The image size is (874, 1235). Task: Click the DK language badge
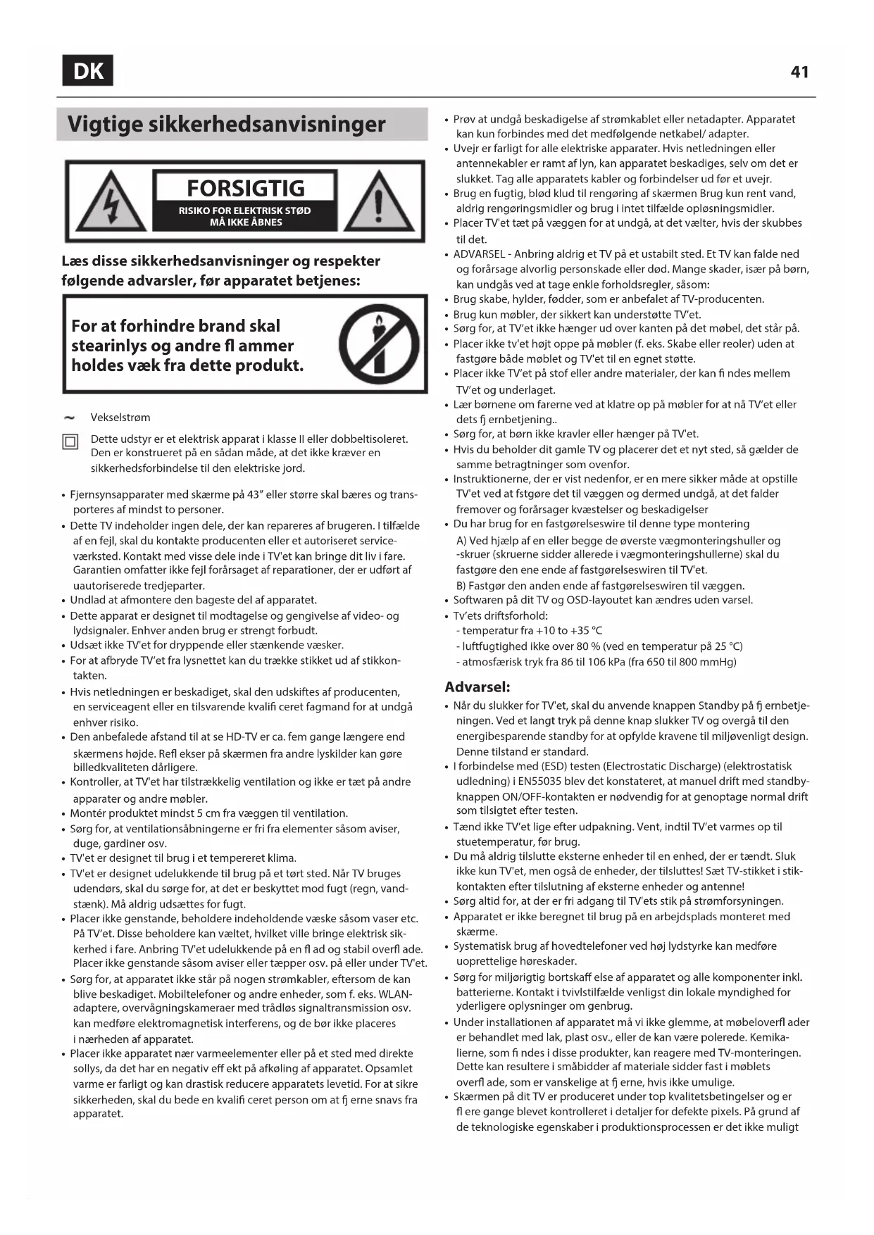(x=87, y=70)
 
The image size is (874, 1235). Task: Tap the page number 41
(x=799, y=72)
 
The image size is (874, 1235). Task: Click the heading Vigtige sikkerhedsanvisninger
(x=226, y=125)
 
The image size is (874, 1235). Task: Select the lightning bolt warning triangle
(x=111, y=201)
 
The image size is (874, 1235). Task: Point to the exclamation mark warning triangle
(x=378, y=201)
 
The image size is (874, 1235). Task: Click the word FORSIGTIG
(x=245, y=188)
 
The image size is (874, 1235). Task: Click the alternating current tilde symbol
(x=70, y=418)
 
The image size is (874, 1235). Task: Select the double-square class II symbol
(x=70, y=442)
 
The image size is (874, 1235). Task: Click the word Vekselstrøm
(x=120, y=418)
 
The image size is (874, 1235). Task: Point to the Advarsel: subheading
(x=477, y=687)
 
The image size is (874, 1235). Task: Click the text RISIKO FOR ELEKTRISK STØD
(x=244, y=211)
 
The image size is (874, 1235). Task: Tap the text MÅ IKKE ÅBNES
(x=246, y=222)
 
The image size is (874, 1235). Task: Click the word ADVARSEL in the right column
(x=479, y=254)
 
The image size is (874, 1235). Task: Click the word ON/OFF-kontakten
(x=546, y=796)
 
